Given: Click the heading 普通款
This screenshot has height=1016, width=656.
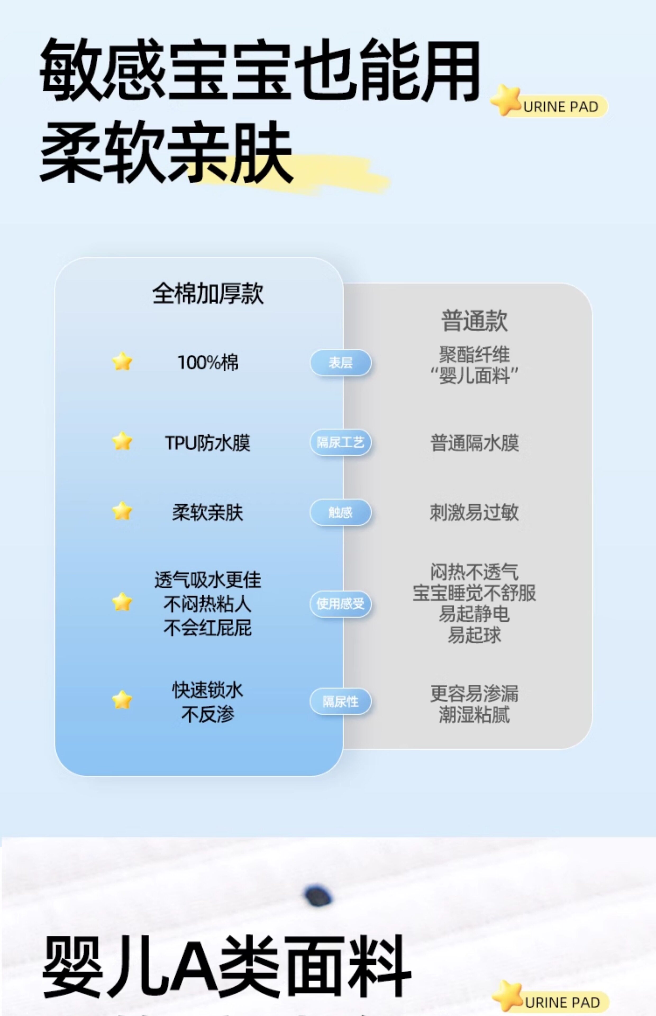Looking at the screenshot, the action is coord(474,320).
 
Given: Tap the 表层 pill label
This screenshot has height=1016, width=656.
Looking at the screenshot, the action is coord(340,362).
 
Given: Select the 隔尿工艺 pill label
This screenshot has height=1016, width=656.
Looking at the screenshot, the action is coord(340,442).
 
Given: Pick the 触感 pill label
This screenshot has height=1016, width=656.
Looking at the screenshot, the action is coord(340,512).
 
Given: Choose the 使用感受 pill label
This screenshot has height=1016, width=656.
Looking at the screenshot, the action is coord(340,604).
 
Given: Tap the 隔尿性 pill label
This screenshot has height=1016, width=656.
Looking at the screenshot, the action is coord(340,701).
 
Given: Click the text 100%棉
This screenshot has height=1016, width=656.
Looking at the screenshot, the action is coord(208,362).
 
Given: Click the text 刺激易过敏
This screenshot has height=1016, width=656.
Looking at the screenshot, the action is coord(474,512).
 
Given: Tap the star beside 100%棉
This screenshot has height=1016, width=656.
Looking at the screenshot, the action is coord(122,362).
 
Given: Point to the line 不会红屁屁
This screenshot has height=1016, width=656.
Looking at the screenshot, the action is coord(208,628).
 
